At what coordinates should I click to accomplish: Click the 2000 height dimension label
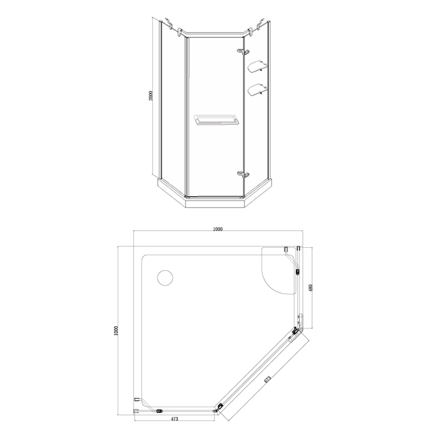[x=151, y=96]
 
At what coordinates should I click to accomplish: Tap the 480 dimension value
[x=311, y=288]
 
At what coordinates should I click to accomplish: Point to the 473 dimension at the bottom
[x=174, y=419]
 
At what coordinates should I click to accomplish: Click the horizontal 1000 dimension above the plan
[x=218, y=229]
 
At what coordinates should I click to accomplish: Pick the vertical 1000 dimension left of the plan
[x=116, y=331]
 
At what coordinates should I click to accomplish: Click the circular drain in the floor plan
[x=165, y=278]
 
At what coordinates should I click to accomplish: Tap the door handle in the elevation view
[x=215, y=120]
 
